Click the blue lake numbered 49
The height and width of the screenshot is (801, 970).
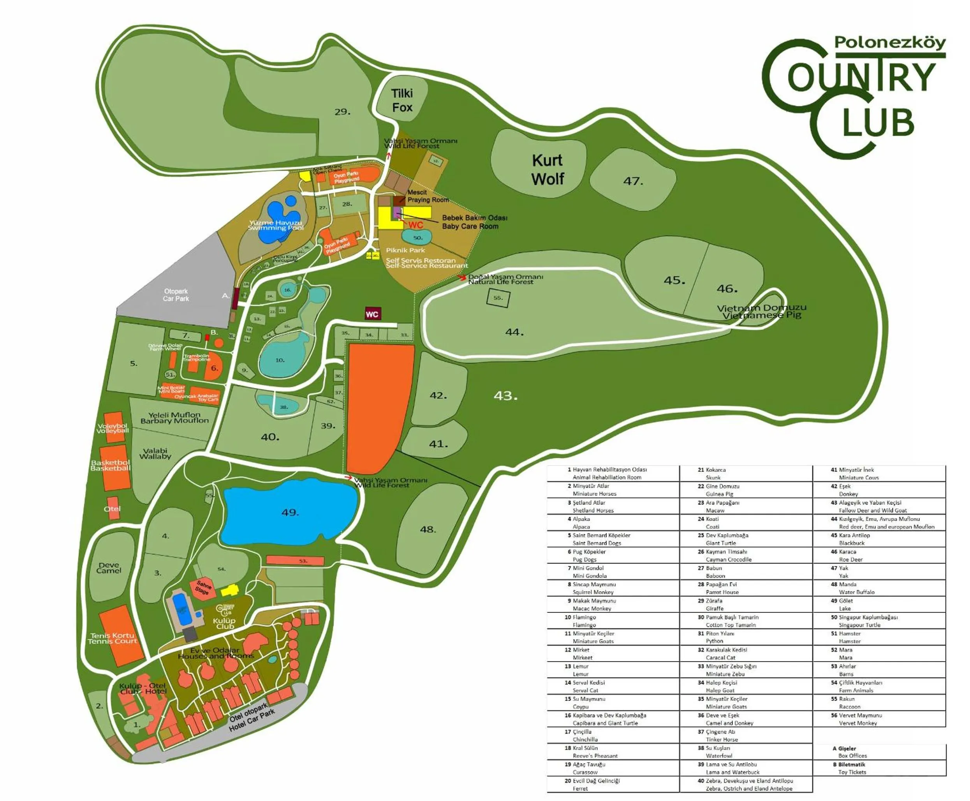coord(290,512)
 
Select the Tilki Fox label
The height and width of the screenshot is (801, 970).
coord(402,100)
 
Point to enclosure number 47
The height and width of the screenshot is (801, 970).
coord(633,181)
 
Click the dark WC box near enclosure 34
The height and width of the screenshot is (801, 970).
coord(372,314)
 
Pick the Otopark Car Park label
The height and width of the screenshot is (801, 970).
coord(176,295)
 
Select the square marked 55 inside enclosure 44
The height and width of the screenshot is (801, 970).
coord(498,298)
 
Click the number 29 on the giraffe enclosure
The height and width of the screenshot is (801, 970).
coord(342,112)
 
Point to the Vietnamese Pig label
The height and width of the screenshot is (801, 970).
coord(762,311)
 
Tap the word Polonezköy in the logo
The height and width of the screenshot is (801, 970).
coord(890,42)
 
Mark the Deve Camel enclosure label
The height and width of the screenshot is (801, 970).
coord(109,568)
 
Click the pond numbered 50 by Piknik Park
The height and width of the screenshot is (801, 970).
coord(417,237)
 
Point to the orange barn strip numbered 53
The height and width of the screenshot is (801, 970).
coord(295,561)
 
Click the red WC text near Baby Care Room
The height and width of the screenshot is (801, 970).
coord(415,225)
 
